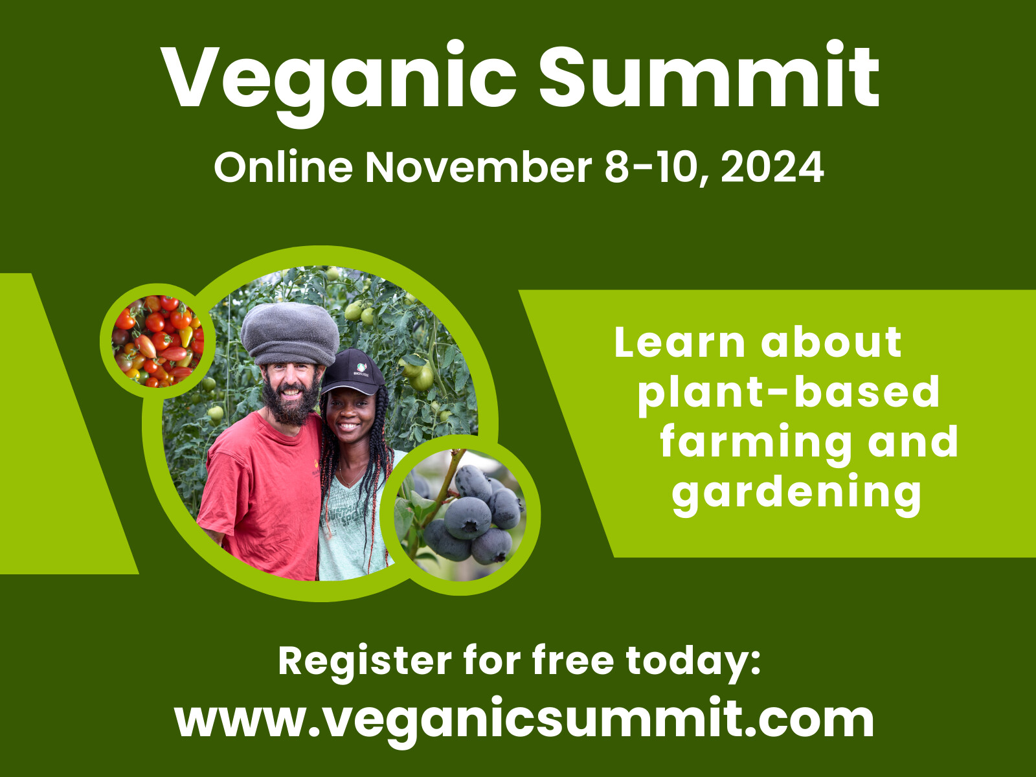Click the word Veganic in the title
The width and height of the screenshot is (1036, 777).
[x=339, y=83]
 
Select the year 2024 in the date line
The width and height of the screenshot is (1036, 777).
[x=772, y=167]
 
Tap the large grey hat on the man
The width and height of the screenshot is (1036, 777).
[x=290, y=333]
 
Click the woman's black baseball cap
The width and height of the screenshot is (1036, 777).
[x=353, y=372]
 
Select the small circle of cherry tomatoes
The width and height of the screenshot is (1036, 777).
[x=157, y=341]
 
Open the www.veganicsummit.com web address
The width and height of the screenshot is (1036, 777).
[x=524, y=719]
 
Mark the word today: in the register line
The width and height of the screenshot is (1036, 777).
[x=693, y=662]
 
